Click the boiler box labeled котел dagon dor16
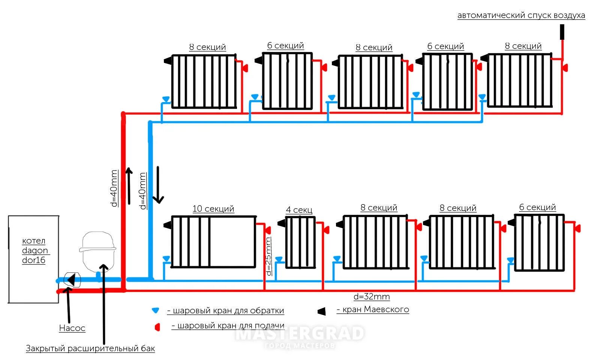click(33, 259)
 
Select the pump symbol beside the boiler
click(72, 280)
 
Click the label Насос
click(72, 328)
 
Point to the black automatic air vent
click(562, 32)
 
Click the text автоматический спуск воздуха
click(521, 15)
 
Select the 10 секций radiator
click(213, 242)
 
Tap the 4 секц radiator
click(300, 242)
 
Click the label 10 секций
click(213, 209)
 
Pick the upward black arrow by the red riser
click(129, 186)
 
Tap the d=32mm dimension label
click(372, 297)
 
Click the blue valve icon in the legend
click(155, 310)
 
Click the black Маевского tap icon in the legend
click(321, 311)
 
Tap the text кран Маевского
click(373, 310)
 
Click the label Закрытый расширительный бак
click(90, 348)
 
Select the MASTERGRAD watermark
click(299, 334)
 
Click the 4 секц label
click(299, 210)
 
